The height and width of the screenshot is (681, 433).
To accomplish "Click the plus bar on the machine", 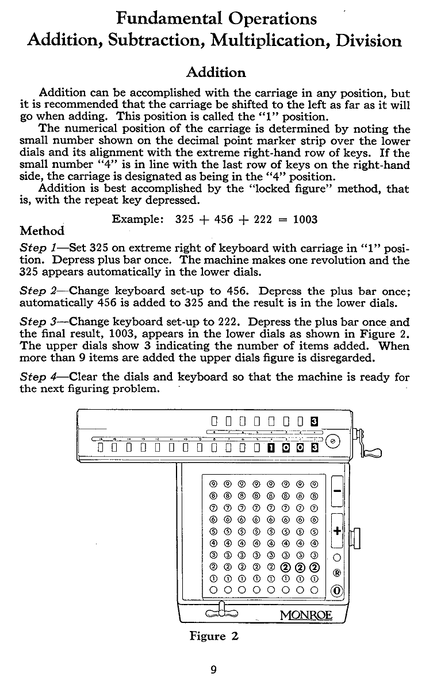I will pyautogui.click(x=338, y=530).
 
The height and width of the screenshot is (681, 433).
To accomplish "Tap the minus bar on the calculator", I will pyautogui.click(x=338, y=490).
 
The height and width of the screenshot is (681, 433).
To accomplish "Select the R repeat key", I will pyautogui.click(x=338, y=572).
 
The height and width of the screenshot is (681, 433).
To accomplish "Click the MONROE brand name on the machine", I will pyautogui.click(x=305, y=615).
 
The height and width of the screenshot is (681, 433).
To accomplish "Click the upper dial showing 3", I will pyautogui.click(x=314, y=421).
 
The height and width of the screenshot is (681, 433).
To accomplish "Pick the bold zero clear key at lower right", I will pyautogui.click(x=338, y=590).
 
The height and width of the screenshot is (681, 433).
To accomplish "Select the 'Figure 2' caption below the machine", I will pyautogui.click(x=214, y=636).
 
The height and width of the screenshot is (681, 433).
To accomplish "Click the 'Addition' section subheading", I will pyautogui.click(x=216, y=72).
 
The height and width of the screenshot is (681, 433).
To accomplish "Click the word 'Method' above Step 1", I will pyautogui.click(x=42, y=231).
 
